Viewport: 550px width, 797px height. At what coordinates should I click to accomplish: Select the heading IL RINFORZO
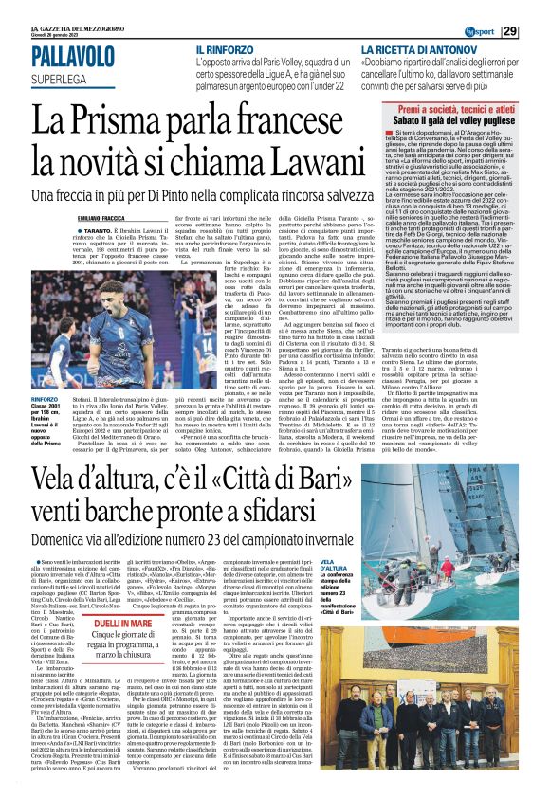coord(227,47)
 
